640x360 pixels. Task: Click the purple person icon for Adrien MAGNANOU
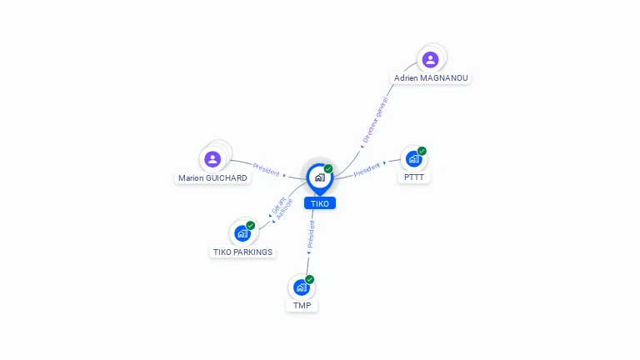(x=430, y=59)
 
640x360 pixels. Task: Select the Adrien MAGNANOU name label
(x=431, y=78)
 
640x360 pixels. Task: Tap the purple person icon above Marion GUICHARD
(x=212, y=158)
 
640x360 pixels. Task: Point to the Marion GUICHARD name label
(x=213, y=178)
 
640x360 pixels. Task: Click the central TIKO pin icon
(x=319, y=177)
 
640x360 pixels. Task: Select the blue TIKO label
(x=319, y=203)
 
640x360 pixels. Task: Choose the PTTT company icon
(x=413, y=159)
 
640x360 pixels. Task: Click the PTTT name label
(x=414, y=177)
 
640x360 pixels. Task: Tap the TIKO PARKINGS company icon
(x=242, y=233)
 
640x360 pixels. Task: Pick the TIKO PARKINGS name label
(x=242, y=252)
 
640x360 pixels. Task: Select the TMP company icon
(x=301, y=287)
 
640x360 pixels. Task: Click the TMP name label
(x=302, y=306)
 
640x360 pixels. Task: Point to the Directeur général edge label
(x=376, y=122)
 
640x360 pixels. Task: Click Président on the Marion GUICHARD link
(x=266, y=169)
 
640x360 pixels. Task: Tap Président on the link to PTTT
(x=367, y=170)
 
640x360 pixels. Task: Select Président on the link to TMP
(x=311, y=234)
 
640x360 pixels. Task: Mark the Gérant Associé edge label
(x=280, y=208)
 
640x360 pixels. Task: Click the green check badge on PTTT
(x=422, y=151)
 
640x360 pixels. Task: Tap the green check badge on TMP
(x=309, y=279)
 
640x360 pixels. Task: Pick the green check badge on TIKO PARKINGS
(x=250, y=225)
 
